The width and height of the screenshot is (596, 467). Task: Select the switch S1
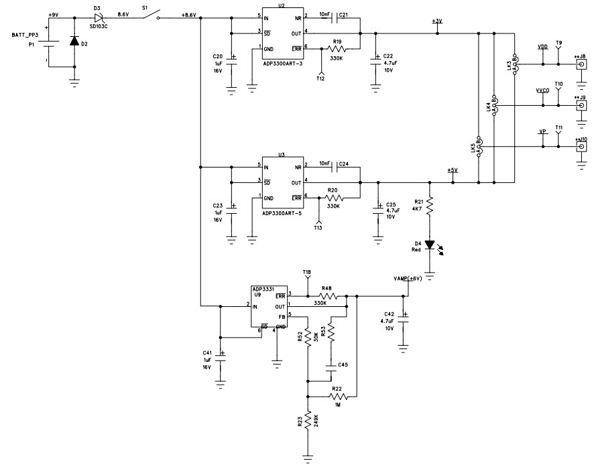pos(150,15)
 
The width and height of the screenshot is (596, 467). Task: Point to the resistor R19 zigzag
pos(337,48)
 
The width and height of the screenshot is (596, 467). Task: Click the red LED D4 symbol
pos(430,245)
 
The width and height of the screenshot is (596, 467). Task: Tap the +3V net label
pos(437,21)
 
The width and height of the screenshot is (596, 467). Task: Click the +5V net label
pos(453,170)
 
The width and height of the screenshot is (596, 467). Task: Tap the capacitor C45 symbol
pos(331,366)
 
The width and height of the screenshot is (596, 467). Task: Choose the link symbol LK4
pos(495,105)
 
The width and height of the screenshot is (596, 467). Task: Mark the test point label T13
pos(318,228)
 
